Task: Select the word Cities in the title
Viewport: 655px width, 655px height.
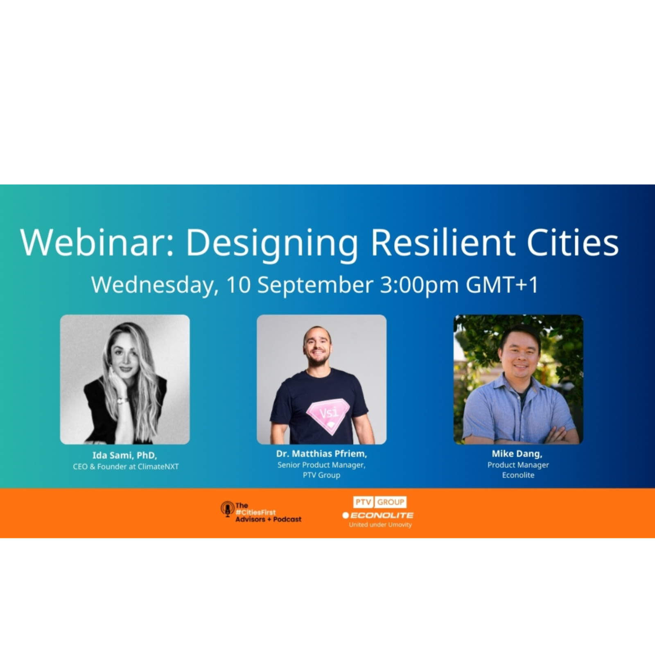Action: (x=572, y=243)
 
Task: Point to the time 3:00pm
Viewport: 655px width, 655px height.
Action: (x=419, y=285)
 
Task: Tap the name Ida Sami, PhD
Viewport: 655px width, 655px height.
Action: (x=124, y=455)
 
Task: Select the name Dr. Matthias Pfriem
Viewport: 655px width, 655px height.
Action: (x=321, y=454)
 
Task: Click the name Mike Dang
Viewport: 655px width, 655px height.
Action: (x=517, y=454)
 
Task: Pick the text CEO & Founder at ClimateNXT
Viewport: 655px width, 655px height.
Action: (x=126, y=467)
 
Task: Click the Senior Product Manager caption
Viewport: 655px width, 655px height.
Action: (x=321, y=465)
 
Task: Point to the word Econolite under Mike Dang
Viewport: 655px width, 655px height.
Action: (x=518, y=475)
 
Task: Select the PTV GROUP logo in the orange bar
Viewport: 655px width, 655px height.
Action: (x=379, y=502)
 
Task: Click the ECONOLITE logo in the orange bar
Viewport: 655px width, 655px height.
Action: (x=378, y=515)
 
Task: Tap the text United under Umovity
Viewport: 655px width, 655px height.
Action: (x=380, y=525)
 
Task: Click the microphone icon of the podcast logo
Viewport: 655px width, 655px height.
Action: (x=227, y=509)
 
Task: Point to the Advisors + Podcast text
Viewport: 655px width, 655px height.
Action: (x=268, y=519)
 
